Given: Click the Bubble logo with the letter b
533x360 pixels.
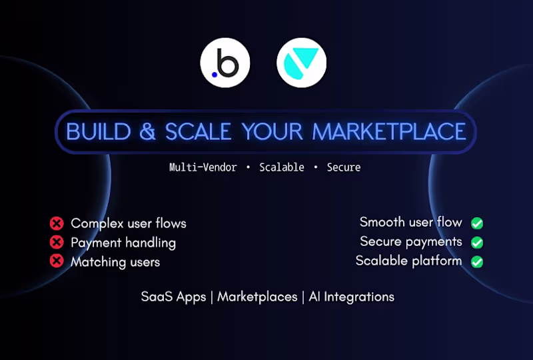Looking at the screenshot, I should pos(225,65).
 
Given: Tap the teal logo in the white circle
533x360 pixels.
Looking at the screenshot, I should pos(302,65).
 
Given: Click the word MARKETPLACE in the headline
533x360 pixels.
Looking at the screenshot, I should pos(389,131).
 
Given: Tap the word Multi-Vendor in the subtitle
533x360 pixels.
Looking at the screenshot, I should pos(203,167).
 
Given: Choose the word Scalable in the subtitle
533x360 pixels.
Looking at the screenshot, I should pos(282,167).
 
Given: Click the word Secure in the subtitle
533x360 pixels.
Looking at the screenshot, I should pos(344,167).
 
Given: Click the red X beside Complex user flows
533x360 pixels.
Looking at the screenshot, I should pos(57,223).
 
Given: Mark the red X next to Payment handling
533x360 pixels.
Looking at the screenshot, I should pos(57,243).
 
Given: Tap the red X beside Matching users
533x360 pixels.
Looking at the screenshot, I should pos(57,261).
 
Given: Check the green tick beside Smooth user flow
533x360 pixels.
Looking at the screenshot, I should pos(477,223).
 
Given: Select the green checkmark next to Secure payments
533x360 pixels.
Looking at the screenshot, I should pos(477,243).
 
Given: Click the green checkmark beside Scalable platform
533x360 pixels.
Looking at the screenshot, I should pos(477,261).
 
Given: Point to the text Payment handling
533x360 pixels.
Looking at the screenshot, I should pos(123,243).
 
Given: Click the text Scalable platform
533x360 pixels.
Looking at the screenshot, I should pos(408,261).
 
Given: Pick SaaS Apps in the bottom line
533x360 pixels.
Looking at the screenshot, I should pos(173,297).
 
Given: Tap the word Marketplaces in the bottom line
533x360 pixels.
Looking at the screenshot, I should pos(257,297).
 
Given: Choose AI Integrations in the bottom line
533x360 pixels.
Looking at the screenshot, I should pos(352,297).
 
